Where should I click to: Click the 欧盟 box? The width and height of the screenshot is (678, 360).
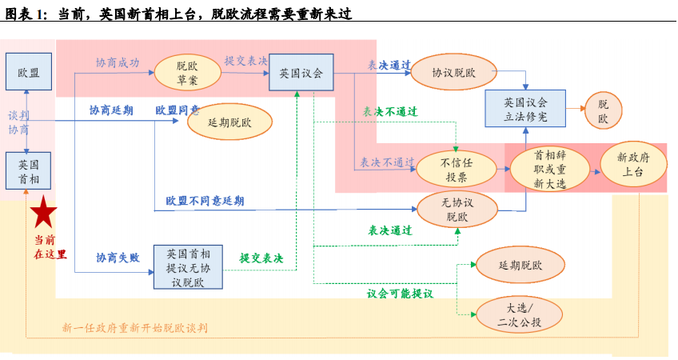tap(28, 73)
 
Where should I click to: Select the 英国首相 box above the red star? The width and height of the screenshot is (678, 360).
tap(28, 170)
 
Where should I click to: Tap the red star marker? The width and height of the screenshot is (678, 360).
tap(43, 213)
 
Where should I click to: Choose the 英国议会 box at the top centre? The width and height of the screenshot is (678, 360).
tap(301, 73)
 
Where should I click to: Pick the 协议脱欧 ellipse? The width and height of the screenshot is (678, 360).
tap(453, 73)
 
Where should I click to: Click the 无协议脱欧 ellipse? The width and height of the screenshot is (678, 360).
tap(456, 209)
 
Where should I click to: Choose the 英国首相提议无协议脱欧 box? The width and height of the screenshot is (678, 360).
tap(188, 267)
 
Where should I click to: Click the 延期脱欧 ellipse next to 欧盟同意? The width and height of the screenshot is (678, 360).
tap(229, 122)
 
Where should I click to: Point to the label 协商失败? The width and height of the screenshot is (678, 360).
tap(118, 258)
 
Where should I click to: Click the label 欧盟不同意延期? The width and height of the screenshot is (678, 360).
tap(205, 201)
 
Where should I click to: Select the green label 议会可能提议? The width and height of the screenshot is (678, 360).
tap(400, 294)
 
